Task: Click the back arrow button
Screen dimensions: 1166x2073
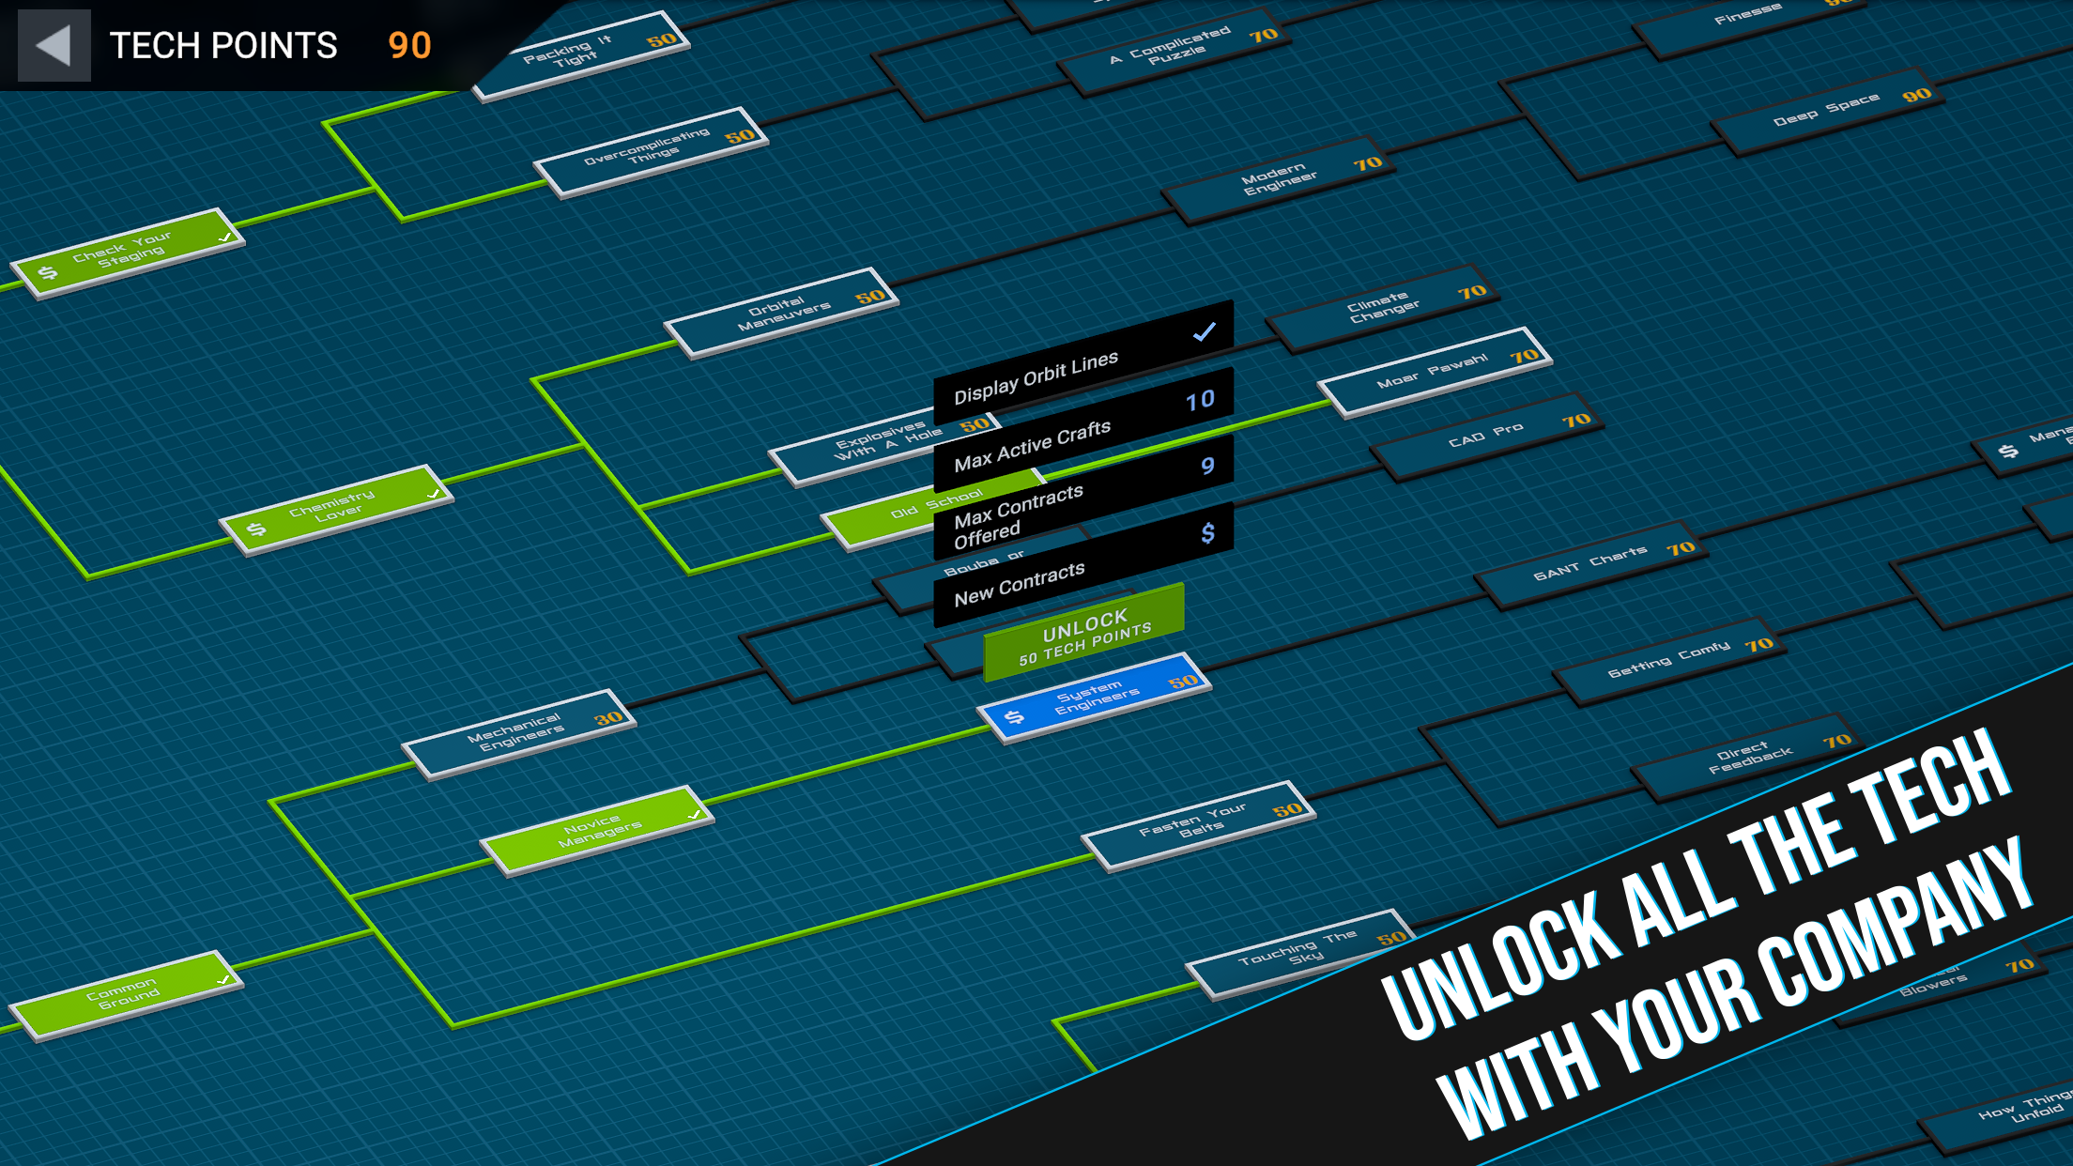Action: pyautogui.click(x=54, y=45)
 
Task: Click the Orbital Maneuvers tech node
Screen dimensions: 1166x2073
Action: pyautogui.click(x=782, y=314)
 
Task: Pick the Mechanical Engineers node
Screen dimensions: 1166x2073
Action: pyautogui.click(x=519, y=734)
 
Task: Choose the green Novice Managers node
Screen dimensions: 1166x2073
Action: pyautogui.click(x=598, y=831)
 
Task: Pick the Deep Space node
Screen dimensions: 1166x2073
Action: pyautogui.click(x=1828, y=110)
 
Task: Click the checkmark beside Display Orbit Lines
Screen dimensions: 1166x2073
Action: pyautogui.click(x=1205, y=331)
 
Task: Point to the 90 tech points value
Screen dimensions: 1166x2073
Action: pyautogui.click(x=410, y=45)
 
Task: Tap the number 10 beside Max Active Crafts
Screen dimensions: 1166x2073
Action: pyautogui.click(x=1200, y=401)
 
